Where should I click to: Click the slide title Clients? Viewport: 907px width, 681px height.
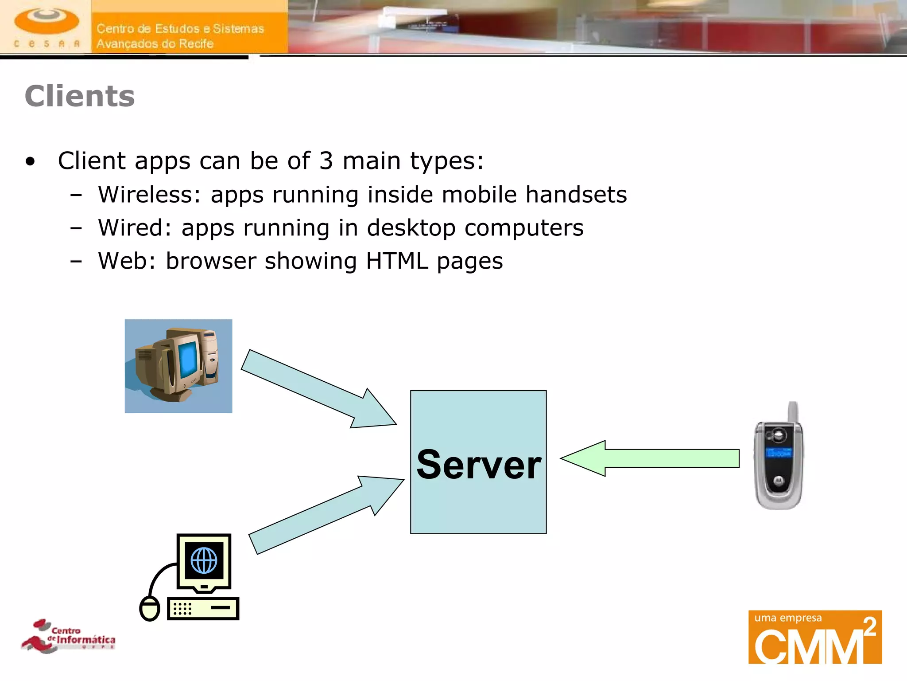80,96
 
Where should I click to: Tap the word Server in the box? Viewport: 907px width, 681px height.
478,465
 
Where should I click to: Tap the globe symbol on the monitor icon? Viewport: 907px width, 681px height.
204,560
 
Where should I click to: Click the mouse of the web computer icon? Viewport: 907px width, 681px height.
150,608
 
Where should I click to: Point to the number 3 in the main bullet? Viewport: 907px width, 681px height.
326,160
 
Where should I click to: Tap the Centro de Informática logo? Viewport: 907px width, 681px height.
69,636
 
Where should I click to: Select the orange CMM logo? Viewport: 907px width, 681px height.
815,637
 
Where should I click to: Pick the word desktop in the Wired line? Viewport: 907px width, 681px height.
411,229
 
